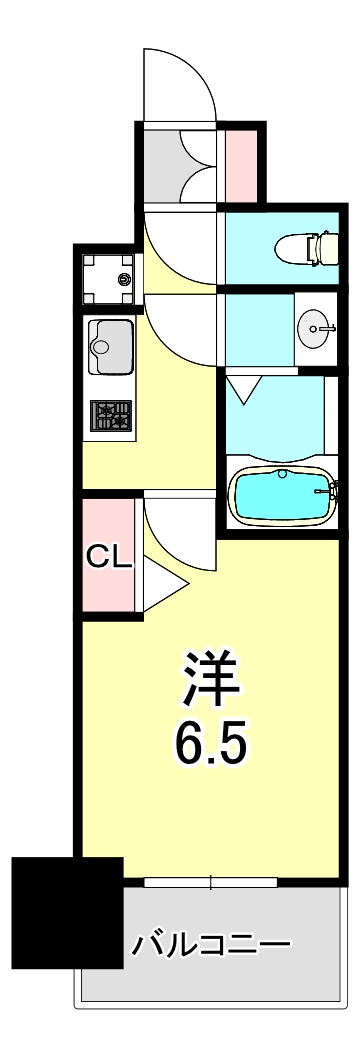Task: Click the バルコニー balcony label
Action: [x=211, y=944]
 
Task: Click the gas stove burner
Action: [x=110, y=415]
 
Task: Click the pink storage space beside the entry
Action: [x=239, y=164]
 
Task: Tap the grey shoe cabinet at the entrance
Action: [x=180, y=164]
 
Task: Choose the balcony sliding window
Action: [x=211, y=882]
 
